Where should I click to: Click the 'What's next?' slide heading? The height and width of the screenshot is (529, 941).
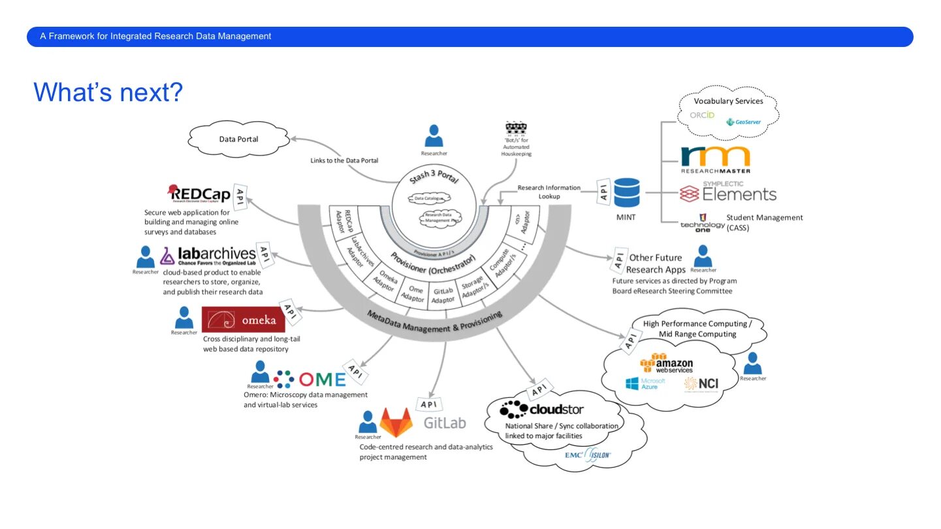click(108, 93)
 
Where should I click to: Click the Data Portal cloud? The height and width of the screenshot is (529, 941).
click(238, 139)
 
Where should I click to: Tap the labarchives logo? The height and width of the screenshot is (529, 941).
click(208, 255)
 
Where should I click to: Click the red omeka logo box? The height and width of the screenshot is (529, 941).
click(244, 320)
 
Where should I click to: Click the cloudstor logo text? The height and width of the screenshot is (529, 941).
click(542, 410)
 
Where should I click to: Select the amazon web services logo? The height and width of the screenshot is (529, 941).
click(667, 365)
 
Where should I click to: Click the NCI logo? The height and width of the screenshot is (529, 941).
click(701, 384)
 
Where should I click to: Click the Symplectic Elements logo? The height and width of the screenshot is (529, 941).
click(728, 192)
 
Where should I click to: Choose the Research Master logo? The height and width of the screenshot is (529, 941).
click(716, 159)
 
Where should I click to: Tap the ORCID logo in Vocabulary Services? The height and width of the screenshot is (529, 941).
click(703, 115)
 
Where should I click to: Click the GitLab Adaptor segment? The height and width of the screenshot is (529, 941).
click(443, 295)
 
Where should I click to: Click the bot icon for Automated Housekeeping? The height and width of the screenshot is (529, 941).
click(516, 128)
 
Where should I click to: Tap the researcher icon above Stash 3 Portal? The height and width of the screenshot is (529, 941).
click(434, 136)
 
